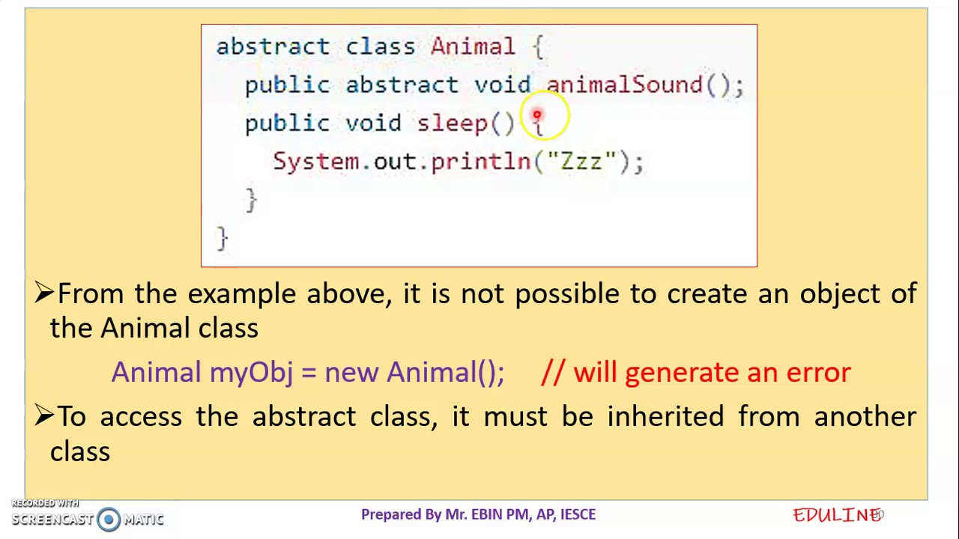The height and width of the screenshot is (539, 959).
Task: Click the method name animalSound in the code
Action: tap(624, 85)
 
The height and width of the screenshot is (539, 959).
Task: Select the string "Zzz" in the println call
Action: tap(581, 161)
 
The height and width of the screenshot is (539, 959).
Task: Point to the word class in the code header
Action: tap(380, 46)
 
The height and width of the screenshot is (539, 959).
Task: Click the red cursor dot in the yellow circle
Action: tap(536, 115)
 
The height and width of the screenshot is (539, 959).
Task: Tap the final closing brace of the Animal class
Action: tap(222, 238)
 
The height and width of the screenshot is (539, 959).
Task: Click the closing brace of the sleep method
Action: tap(251, 200)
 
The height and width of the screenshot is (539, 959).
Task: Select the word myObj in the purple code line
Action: tap(251, 373)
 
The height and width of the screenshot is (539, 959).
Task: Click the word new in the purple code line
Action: tap(351, 373)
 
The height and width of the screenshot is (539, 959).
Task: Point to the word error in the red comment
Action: tap(817, 373)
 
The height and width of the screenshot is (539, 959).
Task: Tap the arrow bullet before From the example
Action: tap(43, 293)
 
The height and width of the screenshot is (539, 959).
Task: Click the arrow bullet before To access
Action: tap(43, 416)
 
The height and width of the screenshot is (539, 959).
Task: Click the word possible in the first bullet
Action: tap(566, 293)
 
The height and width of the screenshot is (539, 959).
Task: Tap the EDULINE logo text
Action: tap(836, 515)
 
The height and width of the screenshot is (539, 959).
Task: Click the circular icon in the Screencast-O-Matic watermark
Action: tap(109, 519)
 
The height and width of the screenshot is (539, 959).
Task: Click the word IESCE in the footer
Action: tap(578, 514)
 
